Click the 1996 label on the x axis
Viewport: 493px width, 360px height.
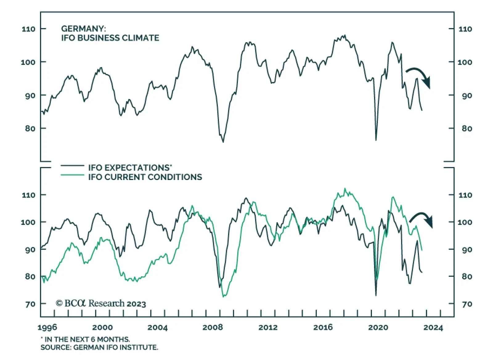tap(47, 327)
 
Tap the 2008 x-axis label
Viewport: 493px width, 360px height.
tap(212, 327)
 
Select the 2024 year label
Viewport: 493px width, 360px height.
tap(433, 327)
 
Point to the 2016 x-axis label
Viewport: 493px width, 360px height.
tap(323, 327)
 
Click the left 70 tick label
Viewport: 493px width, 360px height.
tap(30, 304)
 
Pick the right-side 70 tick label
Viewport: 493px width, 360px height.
tap(467, 304)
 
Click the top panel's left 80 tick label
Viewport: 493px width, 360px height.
tap(30, 129)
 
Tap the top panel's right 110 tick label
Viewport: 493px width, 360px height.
tap(465, 29)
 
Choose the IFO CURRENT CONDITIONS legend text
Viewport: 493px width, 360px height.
tap(145, 177)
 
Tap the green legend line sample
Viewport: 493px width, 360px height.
tap(72, 175)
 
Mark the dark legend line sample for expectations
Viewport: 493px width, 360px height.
tap(72, 166)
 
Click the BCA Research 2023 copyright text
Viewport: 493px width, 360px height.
tap(101, 304)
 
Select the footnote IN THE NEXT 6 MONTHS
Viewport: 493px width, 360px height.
tap(85, 339)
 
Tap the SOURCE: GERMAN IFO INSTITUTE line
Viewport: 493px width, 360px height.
tap(99, 347)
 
